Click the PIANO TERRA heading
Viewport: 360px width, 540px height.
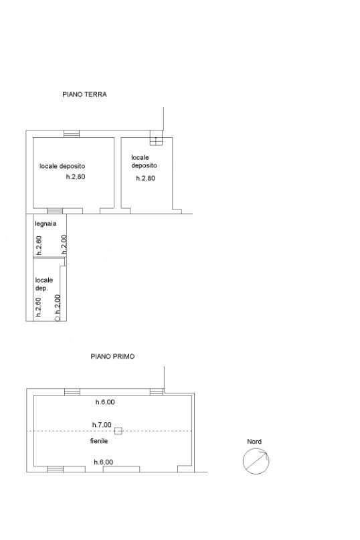click(x=84, y=94)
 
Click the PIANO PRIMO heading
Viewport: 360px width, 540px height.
click(x=112, y=357)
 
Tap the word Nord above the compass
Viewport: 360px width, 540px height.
click(x=254, y=442)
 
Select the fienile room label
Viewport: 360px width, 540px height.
click(x=99, y=441)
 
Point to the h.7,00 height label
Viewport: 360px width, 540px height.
click(x=102, y=425)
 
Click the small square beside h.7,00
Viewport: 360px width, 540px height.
click(x=118, y=431)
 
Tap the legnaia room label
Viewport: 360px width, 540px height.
click(x=46, y=224)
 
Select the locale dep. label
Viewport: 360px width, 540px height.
click(x=43, y=284)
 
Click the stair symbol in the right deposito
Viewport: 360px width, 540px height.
click(x=156, y=138)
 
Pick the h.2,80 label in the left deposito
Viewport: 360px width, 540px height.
click(x=76, y=177)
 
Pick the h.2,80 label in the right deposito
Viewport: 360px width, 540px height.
click(x=145, y=179)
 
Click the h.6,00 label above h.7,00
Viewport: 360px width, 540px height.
click(x=105, y=402)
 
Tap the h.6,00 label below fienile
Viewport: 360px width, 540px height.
click(x=103, y=462)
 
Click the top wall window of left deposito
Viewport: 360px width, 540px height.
click(x=72, y=134)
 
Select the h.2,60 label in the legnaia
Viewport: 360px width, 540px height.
click(x=39, y=245)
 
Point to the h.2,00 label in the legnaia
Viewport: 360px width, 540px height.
click(x=64, y=244)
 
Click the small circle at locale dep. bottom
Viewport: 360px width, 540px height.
click(x=57, y=319)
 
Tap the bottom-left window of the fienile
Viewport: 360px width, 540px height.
click(x=55, y=468)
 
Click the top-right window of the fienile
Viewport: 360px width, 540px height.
click(x=157, y=392)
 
